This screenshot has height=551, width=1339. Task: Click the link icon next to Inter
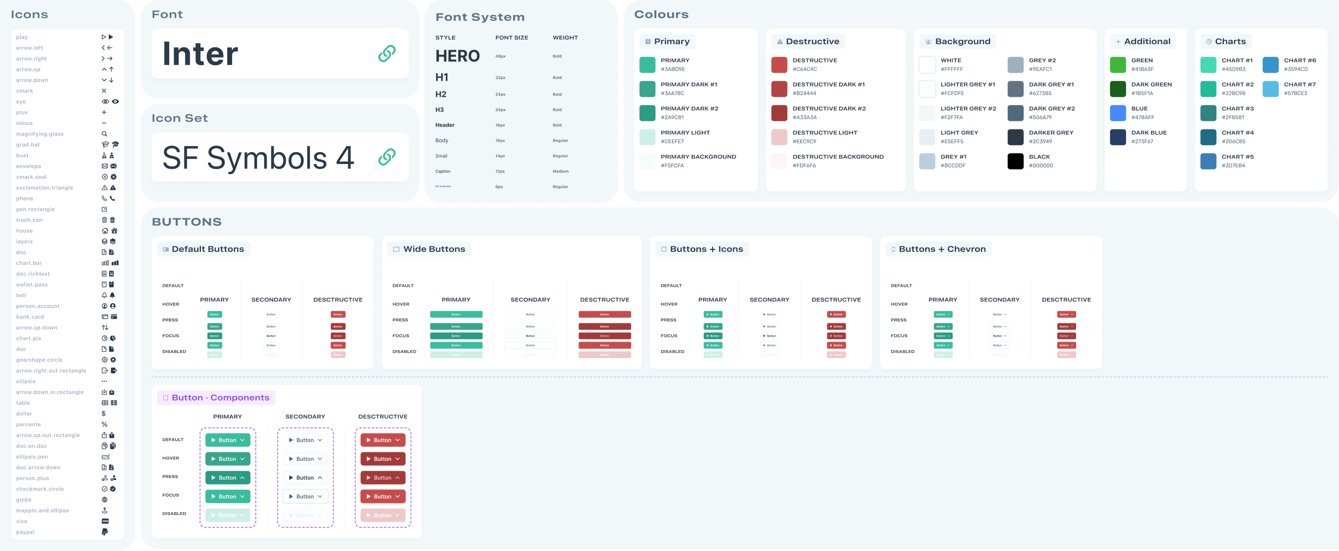pos(386,53)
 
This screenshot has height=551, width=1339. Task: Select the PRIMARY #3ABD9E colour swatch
pos(647,64)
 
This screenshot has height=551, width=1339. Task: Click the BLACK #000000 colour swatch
pos(1015,161)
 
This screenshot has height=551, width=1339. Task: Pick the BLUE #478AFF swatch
pos(1118,113)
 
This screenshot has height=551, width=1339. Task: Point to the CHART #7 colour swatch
pos(1270,89)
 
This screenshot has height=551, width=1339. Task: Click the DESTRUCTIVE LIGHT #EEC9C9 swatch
pos(779,137)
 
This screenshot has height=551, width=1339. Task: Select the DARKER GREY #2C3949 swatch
pos(1015,137)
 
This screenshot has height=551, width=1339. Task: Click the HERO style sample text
pos(458,56)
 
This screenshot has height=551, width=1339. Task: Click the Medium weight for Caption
pos(560,171)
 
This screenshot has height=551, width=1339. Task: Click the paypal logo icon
pos(104,532)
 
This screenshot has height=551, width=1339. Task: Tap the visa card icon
pos(105,521)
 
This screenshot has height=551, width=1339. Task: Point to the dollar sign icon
pos(104,414)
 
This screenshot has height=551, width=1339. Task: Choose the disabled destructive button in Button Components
pos(383,515)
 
